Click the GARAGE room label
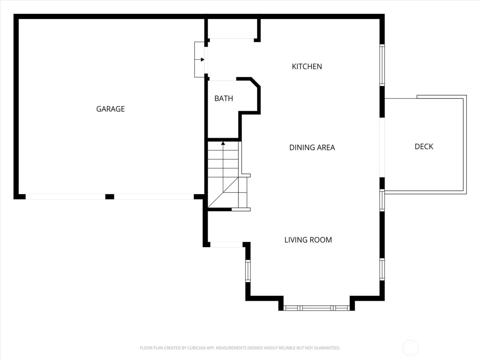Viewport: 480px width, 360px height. pyautogui.click(x=110, y=109)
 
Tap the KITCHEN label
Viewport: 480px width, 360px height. pyautogui.click(x=307, y=67)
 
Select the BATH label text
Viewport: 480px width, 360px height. pyautogui.click(x=224, y=98)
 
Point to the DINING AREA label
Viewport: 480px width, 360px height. pyautogui.click(x=312, y=147)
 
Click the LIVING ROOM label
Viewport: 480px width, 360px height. pyautogui.click(x=308, y=240)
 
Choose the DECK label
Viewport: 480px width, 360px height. pyautogui.click(x=424, y=146)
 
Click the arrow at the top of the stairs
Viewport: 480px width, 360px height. pyautogui.click(x=223, y=143)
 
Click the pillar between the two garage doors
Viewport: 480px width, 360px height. pyautogui.click(x=109, y=196)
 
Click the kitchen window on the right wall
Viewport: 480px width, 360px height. pyautogui.click(x=382, y=65)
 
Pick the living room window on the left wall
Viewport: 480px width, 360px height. pyautogui.click(x=248, y=271)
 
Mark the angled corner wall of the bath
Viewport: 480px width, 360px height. pyautogui.click(x=256, y=82)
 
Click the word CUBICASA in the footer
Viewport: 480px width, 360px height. pyautogui.click(x=196, y=348)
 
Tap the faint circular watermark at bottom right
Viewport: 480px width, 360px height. pyautogui.click(x=410, y=348)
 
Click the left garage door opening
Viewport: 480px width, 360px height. pyautogui.click(x=65, y=197)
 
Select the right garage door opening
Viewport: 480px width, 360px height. pyautogui.click(x=154, y=197)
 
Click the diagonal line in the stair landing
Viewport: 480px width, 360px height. pyautogui.click(x=223, y=193)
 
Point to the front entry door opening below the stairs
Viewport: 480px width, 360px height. pyautogui.click(x=226, y=244)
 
